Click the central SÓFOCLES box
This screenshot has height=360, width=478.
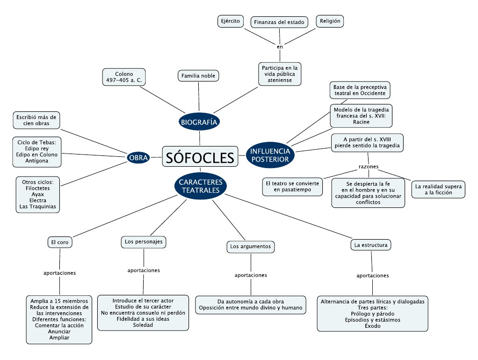click(200, 156)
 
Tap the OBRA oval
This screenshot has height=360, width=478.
click(138, 158)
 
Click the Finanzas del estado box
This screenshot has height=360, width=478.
click(279, 22)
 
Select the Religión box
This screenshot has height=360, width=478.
click(330, 21)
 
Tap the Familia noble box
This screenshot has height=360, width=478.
click(198, 76)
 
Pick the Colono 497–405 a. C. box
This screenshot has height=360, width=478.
click(124, 77)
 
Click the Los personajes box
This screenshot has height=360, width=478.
click(143, 242)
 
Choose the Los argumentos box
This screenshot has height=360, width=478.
click(250, 246)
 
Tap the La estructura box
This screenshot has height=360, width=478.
click(370, 244)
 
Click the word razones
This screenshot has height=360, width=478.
click(369, 167)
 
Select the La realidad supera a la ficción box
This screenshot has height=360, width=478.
click(438, 189)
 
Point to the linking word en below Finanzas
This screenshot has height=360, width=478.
click(280, 47)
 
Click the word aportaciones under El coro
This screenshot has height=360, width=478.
click(59, 272)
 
